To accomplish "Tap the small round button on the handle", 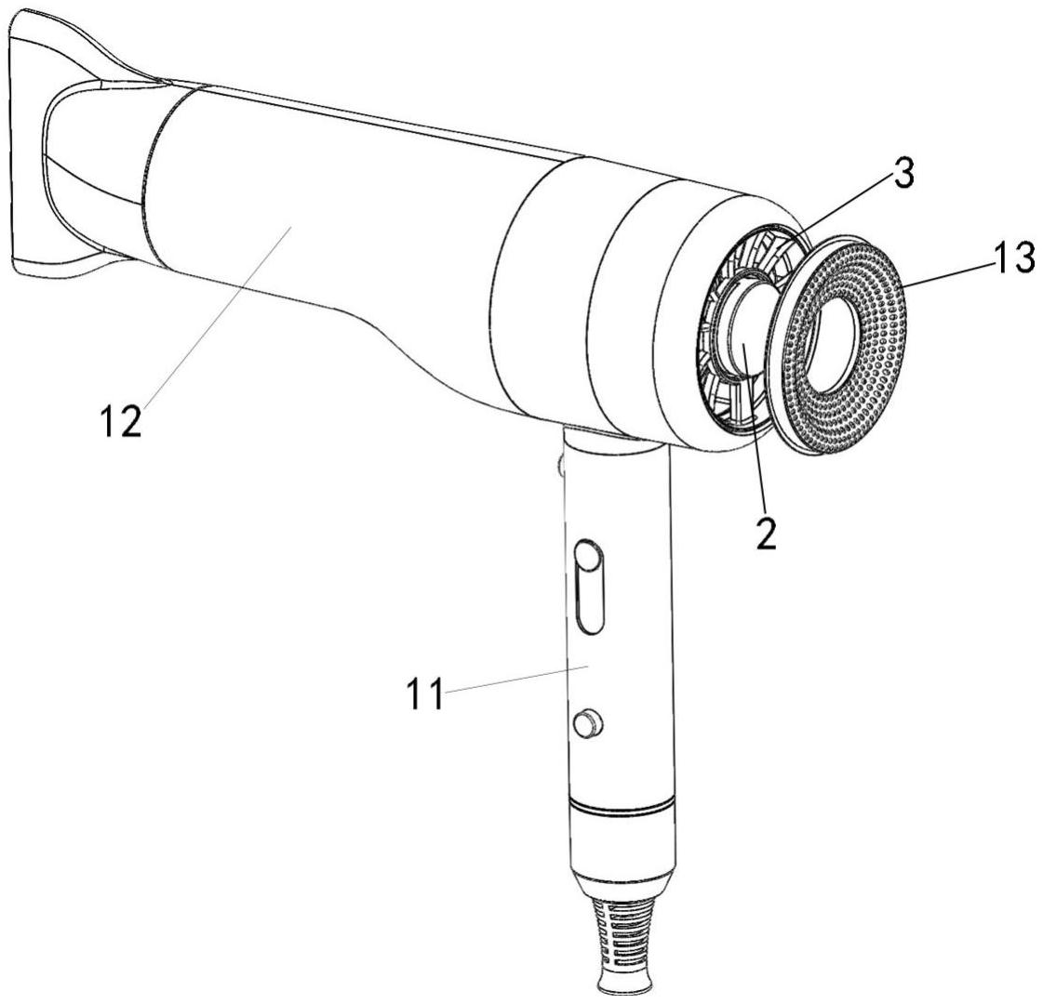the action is point(587,721).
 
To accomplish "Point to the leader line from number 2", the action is point(756,437).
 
